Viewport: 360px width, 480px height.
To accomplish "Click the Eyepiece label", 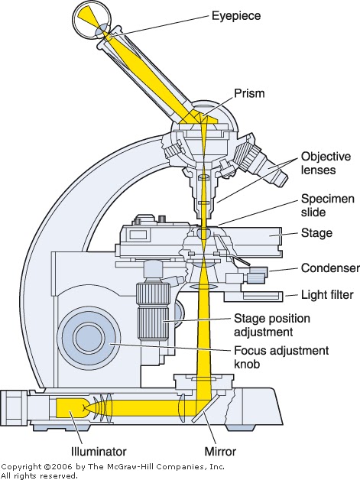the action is pos(236,16).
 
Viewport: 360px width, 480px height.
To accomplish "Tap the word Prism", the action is pos(249,93).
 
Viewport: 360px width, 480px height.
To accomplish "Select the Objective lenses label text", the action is pos(326,163).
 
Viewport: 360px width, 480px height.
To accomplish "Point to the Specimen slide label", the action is pos(328,206).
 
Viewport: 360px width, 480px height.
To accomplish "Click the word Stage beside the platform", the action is pos(316,233).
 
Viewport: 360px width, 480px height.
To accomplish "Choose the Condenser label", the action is pos(330,268).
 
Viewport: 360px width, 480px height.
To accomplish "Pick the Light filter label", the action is pos(327,295).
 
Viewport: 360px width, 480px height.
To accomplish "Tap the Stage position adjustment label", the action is pos(272,325).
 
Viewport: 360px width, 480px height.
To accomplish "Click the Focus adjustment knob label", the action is pos(281,357).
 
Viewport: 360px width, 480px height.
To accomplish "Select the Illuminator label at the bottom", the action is pos(99,452).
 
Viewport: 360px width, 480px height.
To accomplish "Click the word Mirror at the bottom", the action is pos(220,452).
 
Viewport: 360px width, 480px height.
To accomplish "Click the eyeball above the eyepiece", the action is pos(92,24).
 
